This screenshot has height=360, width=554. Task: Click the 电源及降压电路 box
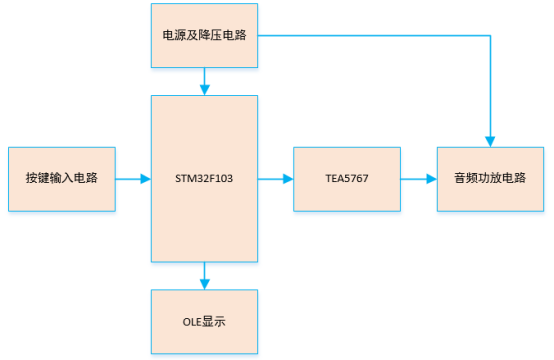[204, 35]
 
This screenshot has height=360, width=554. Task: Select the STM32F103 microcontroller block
[204, 178]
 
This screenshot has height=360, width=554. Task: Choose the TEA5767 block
[346, 178]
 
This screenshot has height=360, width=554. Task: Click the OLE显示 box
[204, 321]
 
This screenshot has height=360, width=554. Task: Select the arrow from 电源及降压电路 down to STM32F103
[204, 80]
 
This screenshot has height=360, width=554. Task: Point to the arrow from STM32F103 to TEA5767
[275, 179]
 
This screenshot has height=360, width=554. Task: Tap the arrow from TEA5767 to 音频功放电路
[418, 179]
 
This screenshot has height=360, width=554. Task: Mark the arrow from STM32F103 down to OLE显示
[204, 275]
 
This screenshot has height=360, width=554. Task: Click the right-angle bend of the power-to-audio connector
[490, 36]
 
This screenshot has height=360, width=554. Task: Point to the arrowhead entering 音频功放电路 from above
[490, 139]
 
